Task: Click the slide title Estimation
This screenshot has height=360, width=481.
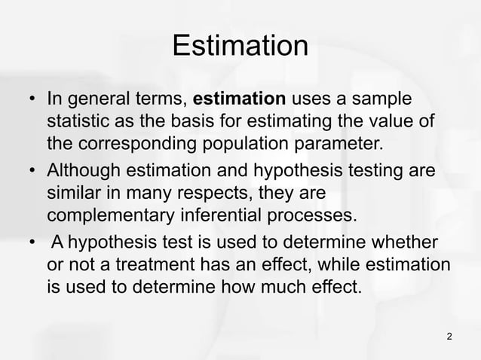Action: pos(240,46)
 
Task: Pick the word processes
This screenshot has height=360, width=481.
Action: pos(314,216)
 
